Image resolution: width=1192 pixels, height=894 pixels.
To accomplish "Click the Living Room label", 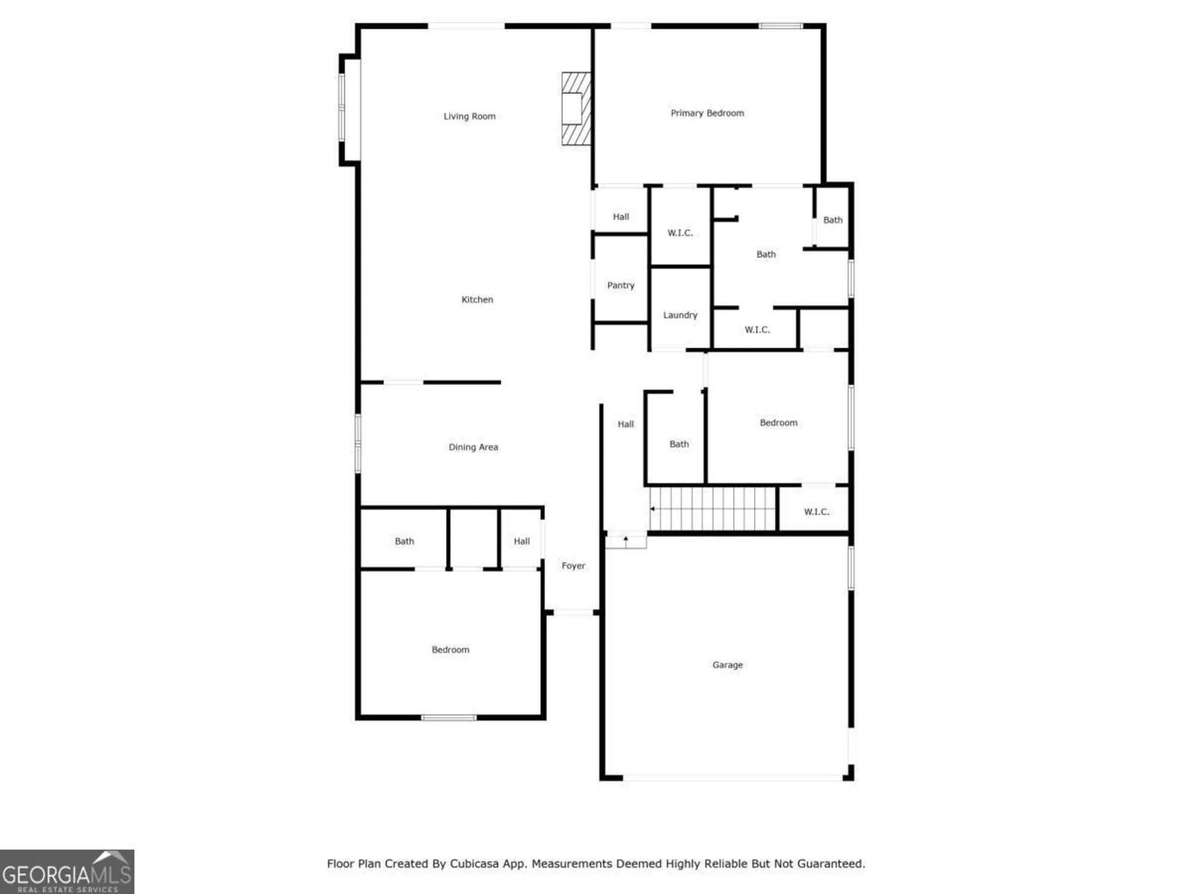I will (x=469, y=116).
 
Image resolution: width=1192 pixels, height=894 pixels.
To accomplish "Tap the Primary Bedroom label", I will (x=707, y=113).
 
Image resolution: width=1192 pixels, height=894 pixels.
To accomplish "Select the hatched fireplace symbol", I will (x=576, y=108).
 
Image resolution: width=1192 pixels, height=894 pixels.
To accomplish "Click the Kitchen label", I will (x=477, y=300).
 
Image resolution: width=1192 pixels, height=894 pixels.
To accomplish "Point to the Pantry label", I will (x=620, y=285).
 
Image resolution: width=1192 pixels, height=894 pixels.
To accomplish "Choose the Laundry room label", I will (x=679, y=315).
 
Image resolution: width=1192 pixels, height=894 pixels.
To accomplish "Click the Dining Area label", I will (x=473, y=447).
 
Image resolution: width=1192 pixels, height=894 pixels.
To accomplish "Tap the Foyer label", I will (x=573, y=566).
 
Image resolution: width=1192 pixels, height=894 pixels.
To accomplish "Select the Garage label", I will (x=727, y=665).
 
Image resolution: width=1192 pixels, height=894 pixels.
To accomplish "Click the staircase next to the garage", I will (x=713, y=508).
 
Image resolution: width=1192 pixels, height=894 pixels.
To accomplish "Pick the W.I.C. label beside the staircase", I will (x=816, y=512).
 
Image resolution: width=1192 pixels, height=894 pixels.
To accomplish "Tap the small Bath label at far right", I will (x=833, y=220).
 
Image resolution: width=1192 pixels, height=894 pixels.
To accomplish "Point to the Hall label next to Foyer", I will (x=521, y=541).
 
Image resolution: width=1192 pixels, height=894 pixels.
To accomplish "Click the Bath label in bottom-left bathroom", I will (x=404, y=541).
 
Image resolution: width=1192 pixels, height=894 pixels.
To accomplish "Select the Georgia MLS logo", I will (x=67, y=872).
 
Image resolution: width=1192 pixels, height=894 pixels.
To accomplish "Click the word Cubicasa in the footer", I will (x=475, y=864).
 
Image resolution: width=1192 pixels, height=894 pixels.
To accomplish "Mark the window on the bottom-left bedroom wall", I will (x=449, y=718).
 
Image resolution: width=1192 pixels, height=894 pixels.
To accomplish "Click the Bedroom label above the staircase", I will (x=778, y=423).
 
